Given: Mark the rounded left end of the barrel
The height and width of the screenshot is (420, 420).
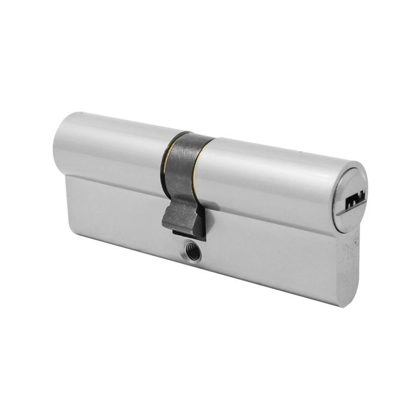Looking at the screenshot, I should point(68,141).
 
